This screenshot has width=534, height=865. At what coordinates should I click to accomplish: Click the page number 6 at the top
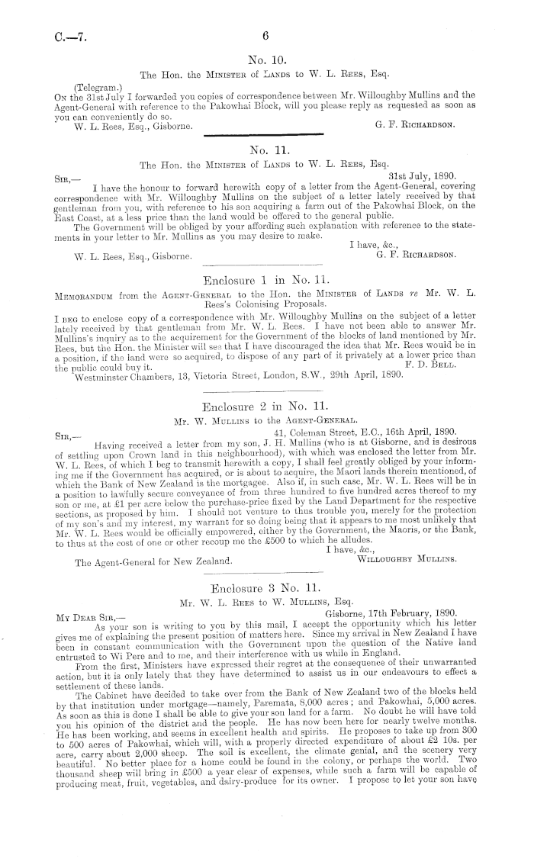266,35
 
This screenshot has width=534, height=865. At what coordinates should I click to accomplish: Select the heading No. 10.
266,59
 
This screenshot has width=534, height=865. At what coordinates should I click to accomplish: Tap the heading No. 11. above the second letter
266,151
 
